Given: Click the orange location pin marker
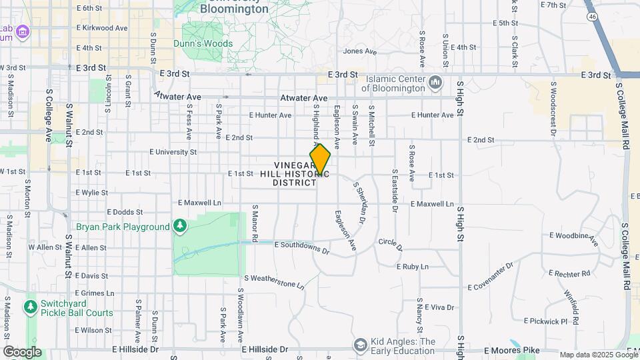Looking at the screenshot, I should [320, 159].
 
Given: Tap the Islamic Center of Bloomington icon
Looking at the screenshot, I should [436, 83].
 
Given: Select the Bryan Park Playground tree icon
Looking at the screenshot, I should [179, 227].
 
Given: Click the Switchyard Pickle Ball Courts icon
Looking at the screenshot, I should [29, 307].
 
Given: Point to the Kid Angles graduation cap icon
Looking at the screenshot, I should [361, 345].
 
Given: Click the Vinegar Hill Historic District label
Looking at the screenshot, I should [295, 173].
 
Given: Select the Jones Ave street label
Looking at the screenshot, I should [361, 51].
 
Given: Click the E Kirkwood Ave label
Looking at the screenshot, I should [102, 28].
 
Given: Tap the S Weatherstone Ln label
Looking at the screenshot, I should [273, 281].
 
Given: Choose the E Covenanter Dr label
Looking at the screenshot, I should [491, 277].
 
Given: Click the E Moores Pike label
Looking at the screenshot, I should [510, 350].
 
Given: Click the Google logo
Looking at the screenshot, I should [22, 351].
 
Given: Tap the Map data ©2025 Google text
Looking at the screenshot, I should [598, 355].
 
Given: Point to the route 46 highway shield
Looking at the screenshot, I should [591, 15].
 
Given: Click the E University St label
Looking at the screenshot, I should [173, 152].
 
